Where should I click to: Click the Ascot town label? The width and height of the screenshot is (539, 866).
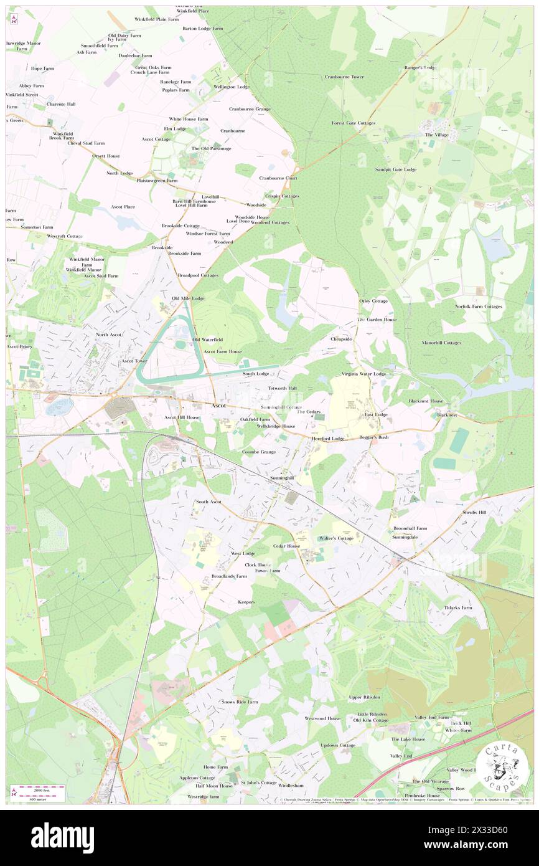[219, 406]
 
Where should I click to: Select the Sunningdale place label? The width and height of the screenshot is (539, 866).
[405, 536]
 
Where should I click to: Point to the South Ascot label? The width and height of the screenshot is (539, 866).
[209, 502]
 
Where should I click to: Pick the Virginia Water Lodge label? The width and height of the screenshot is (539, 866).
[363, 374]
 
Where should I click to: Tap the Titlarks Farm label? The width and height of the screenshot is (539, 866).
[458, 607]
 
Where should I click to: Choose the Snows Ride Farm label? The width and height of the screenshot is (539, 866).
[240, 702]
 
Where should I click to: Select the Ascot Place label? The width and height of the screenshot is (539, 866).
[123, 206]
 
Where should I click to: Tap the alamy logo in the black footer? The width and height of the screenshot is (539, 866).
[62, 837]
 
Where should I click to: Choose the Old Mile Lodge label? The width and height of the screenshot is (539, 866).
[188, 298]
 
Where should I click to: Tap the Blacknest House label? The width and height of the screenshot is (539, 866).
[426, 401]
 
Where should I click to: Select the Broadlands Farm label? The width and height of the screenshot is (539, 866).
[229, 576]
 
